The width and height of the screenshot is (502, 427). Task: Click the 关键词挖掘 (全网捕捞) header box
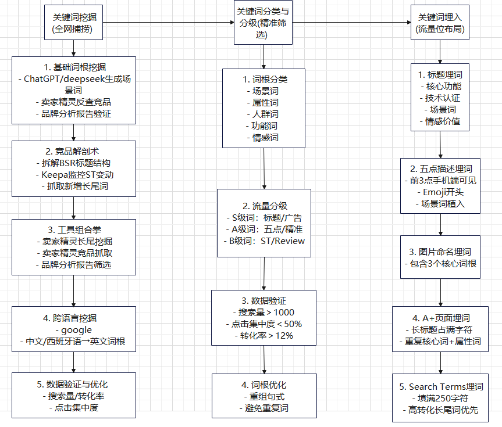[73, 22]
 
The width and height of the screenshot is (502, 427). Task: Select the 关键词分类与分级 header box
[263, 23]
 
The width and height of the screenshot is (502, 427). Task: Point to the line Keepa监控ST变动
[73, 174]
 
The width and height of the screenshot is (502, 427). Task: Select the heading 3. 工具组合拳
[73, 229]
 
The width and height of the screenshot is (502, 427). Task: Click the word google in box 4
[73, 330]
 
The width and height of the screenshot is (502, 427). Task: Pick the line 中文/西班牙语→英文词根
[73, 341]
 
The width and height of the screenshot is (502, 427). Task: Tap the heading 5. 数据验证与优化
[73, 384]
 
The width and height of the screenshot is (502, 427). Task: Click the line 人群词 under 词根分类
[263, 114]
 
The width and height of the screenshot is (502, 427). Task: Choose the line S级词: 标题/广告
[264, 217]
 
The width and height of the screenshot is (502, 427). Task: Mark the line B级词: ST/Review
[264, 241]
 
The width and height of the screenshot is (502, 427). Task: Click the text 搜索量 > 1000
[264, 313]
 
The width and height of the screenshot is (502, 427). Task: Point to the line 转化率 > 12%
[264, 335]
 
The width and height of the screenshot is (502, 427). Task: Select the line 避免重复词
[264, 408]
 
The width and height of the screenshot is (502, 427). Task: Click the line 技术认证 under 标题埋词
[440, 98]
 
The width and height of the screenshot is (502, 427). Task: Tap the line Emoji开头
[440, 192]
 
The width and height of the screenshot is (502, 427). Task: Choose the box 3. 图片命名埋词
[440, 257]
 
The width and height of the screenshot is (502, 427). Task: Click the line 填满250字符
[440, 398]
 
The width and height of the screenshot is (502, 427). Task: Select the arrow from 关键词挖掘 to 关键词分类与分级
[169, 23]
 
